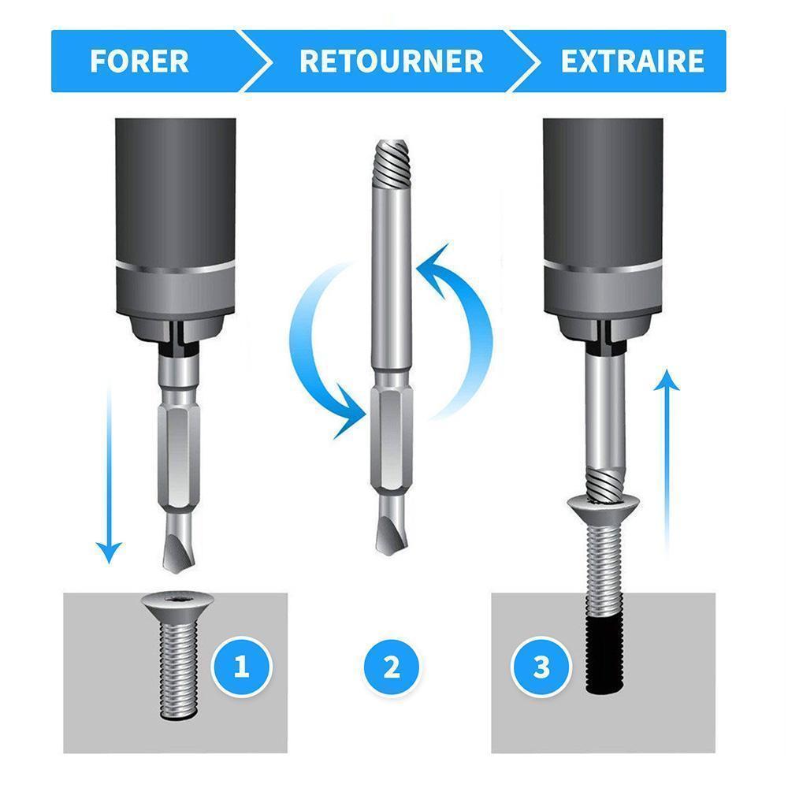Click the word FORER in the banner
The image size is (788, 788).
(x=139, y=61)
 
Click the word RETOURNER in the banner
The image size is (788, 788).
(x=391, y=61)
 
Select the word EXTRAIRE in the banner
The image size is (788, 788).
(x=632, y=61)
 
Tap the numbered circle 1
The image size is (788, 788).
(x=242, y=667)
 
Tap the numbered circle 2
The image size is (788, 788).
(x=391, y=667)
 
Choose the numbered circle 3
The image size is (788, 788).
(x=541, y=667)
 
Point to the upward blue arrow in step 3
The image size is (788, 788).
(x=667, y=463)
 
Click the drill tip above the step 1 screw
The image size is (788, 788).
(x=178, y=545)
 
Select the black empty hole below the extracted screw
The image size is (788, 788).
(x=605, y=656)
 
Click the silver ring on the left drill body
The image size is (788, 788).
(x=176, y=266)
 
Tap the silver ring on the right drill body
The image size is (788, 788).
(x=603, y=266)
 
